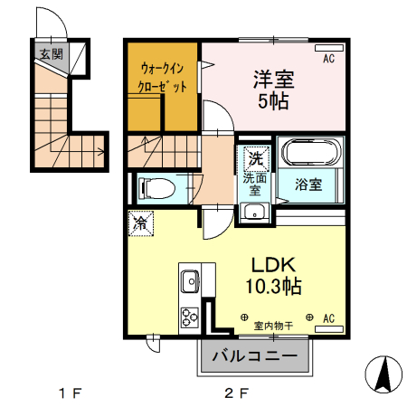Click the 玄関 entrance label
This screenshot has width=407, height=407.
[x=50, y=53]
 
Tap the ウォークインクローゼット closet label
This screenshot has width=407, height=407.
[x=163, y=77]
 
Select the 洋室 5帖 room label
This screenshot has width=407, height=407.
[x=273, y=89]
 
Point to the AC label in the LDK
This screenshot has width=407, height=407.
[x=329, y=317]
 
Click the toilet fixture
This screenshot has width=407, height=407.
[x=158, y=189]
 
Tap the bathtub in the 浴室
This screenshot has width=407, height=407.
[x=308, y=153]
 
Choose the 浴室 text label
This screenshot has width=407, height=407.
[x=308, y=185]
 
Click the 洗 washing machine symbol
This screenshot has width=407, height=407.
[x=256, y=158]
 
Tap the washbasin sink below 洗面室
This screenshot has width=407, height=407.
[x=254, y=214]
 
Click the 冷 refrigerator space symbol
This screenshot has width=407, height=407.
[x=141, y=221]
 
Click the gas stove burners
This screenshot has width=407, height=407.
[x=191, y=317]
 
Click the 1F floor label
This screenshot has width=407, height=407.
[x=71, y=393]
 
